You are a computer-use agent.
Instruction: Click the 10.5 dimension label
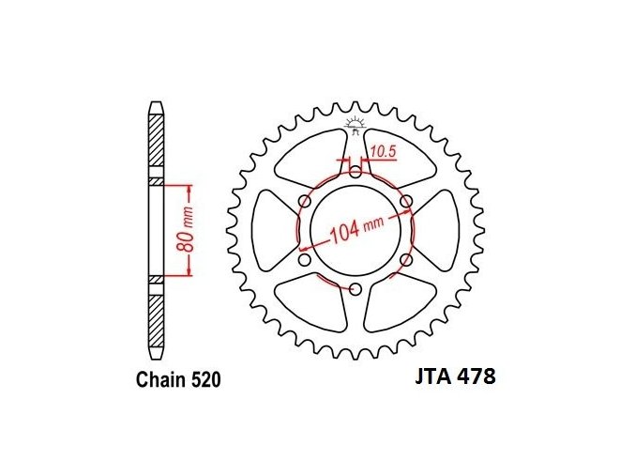(383, 152)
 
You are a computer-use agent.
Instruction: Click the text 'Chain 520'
(178, 380)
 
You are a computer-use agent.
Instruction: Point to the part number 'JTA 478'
(455, 376)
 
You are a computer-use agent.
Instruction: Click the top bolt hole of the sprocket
(355, 173)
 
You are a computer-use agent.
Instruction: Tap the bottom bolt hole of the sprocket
(355, 288)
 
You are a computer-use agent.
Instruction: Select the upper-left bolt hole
(305, 202)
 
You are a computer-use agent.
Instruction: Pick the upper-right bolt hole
(406, 202)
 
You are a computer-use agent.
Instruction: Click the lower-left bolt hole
(305, 259)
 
